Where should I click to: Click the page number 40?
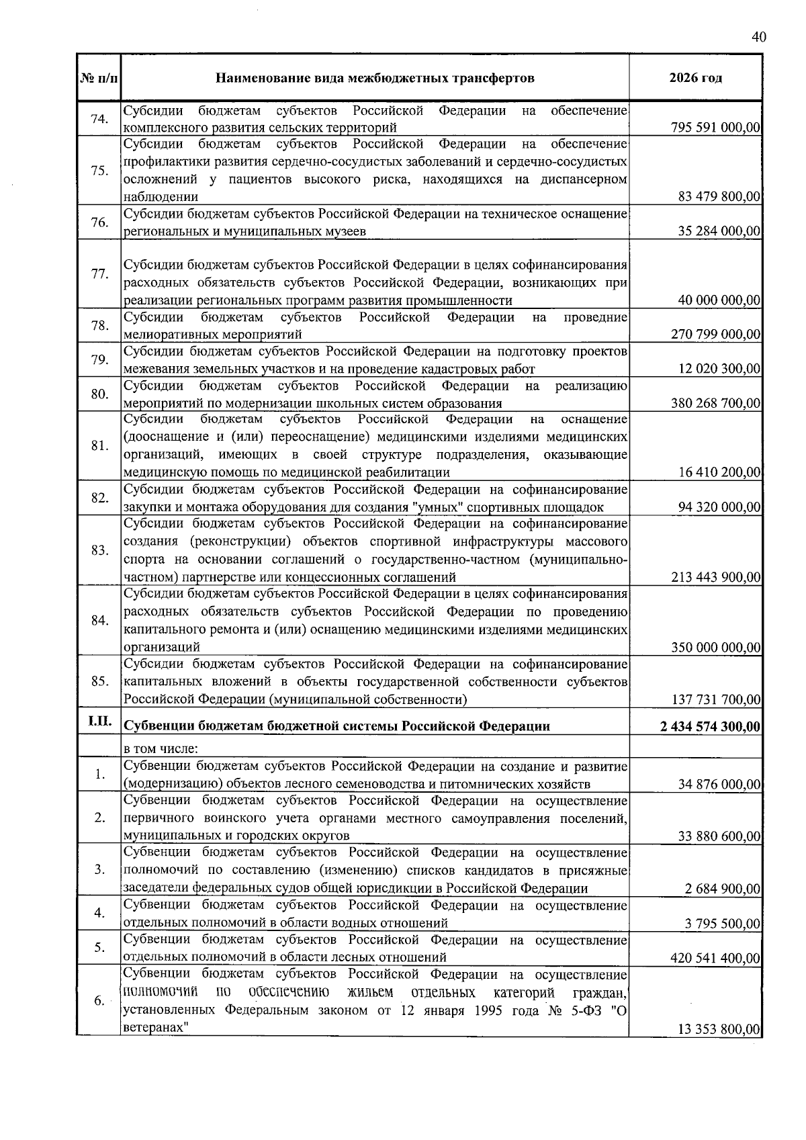(758, 37)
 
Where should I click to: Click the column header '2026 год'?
(695, 78)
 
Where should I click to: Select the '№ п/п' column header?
(98, 79)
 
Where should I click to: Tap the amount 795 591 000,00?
(715, 128)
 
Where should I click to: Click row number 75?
(99, 171)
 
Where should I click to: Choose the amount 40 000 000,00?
(719, 300)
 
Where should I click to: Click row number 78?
(99, 326)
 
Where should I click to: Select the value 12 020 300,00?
(719, 369)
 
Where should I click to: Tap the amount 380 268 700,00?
(715, 404)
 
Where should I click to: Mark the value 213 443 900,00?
(715, 577)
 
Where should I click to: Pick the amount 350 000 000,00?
(715, 648)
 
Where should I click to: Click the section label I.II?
(98, 723)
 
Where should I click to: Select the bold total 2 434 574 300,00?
(711, 727)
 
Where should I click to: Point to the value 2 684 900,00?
(723, 889)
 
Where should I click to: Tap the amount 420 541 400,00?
(715, 959)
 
